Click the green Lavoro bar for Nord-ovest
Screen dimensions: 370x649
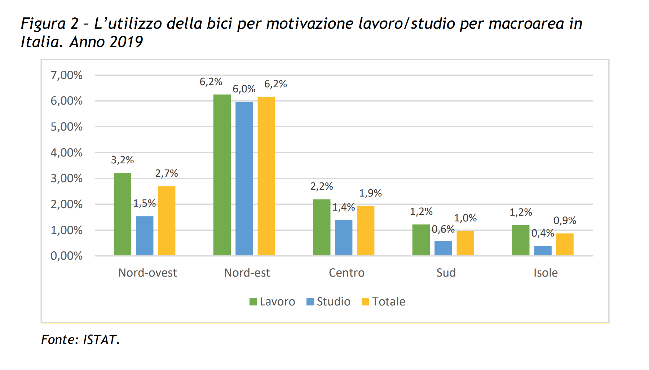pos(123,214)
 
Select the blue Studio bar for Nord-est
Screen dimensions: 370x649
pos(244,179)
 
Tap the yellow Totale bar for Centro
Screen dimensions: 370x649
pos(366,231)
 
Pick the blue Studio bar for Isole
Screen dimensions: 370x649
pos(543,251)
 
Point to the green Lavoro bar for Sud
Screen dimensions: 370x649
pos(421,240)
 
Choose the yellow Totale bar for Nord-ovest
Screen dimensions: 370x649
pos(167,221)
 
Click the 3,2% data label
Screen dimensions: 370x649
pos(122,160)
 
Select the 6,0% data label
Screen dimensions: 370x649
pos(244,89)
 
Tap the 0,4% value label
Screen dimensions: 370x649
pos(542,233)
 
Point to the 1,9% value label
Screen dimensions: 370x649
pos(370,193)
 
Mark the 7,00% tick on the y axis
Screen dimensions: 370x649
pos(67,75)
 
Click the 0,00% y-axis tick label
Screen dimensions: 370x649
pos(67,256)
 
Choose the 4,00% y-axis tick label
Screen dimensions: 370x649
pos(67,153)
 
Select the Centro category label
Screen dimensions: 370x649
pos(346,273)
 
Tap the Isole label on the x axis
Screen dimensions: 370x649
pos(546,273)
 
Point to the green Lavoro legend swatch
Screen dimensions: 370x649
pos(253,302)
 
